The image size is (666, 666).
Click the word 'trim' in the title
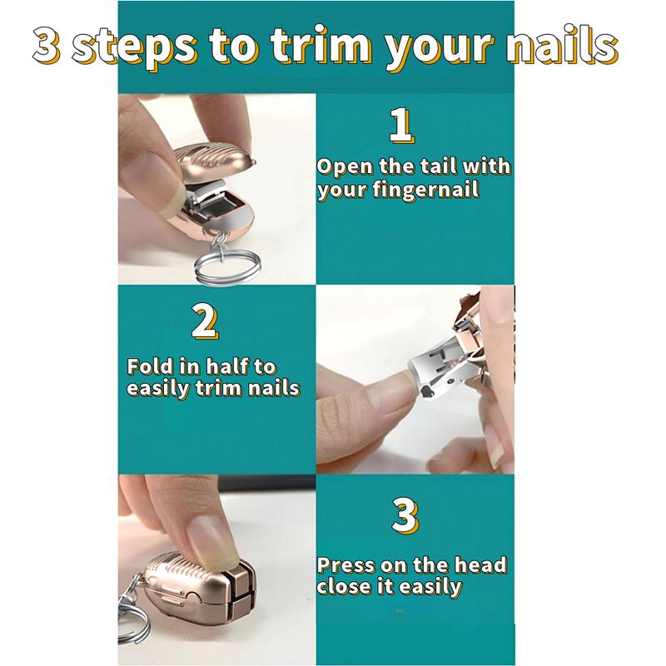(x=321, y=45)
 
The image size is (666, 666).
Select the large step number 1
(x=401, y=126)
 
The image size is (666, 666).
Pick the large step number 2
(x=205, y=322)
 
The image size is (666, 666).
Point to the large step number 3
(x=405, y=515)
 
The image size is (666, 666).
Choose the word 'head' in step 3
(x=480, y=565)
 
